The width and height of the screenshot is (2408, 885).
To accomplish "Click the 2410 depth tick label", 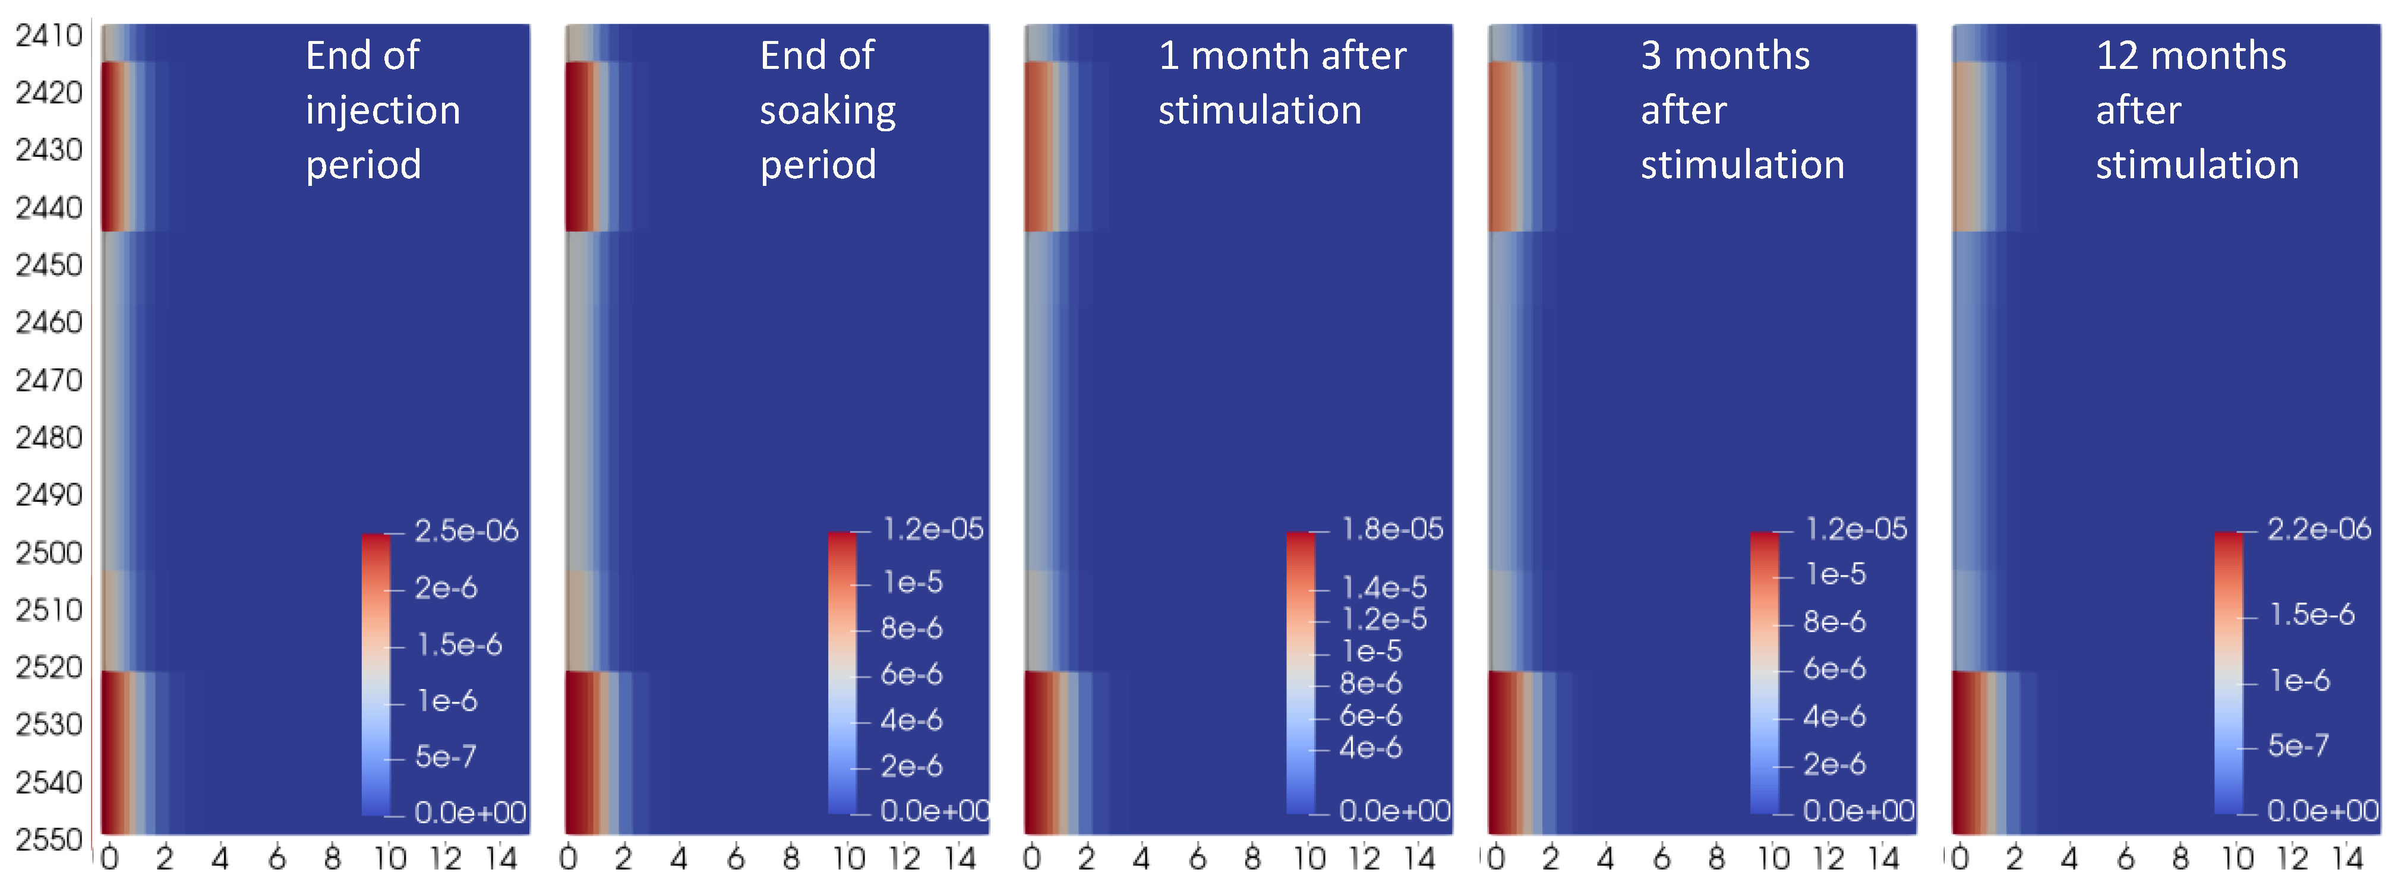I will (x=49, y=36).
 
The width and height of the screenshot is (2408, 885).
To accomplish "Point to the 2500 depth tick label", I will (x=49, y=552).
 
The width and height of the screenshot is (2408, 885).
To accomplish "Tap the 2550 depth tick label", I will (x=49, y=839).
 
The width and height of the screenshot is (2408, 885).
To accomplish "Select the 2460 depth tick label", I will (x=49, y=323).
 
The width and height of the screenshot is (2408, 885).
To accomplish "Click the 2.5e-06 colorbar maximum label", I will (x=466, y=531).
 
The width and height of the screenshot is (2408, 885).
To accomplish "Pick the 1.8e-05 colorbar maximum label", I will (x=1392, y=529).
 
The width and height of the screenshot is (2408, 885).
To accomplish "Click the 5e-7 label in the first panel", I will (x=445, y=756).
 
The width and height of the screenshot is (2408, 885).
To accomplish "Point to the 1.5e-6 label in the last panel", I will (x=2312, y=614).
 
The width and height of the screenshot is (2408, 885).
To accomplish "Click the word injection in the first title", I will (x=383, y=110).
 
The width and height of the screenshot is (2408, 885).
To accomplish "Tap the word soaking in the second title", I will (x=827, y=110).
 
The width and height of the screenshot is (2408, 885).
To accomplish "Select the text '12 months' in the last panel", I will (x=2190, y=56).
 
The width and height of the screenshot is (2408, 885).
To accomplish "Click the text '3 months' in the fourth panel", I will (x=1725, y=56).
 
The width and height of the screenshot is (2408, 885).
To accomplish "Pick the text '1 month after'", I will (x=1282, y=56).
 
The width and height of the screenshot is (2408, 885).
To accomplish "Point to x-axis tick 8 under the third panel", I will (x=1252, y=858).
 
